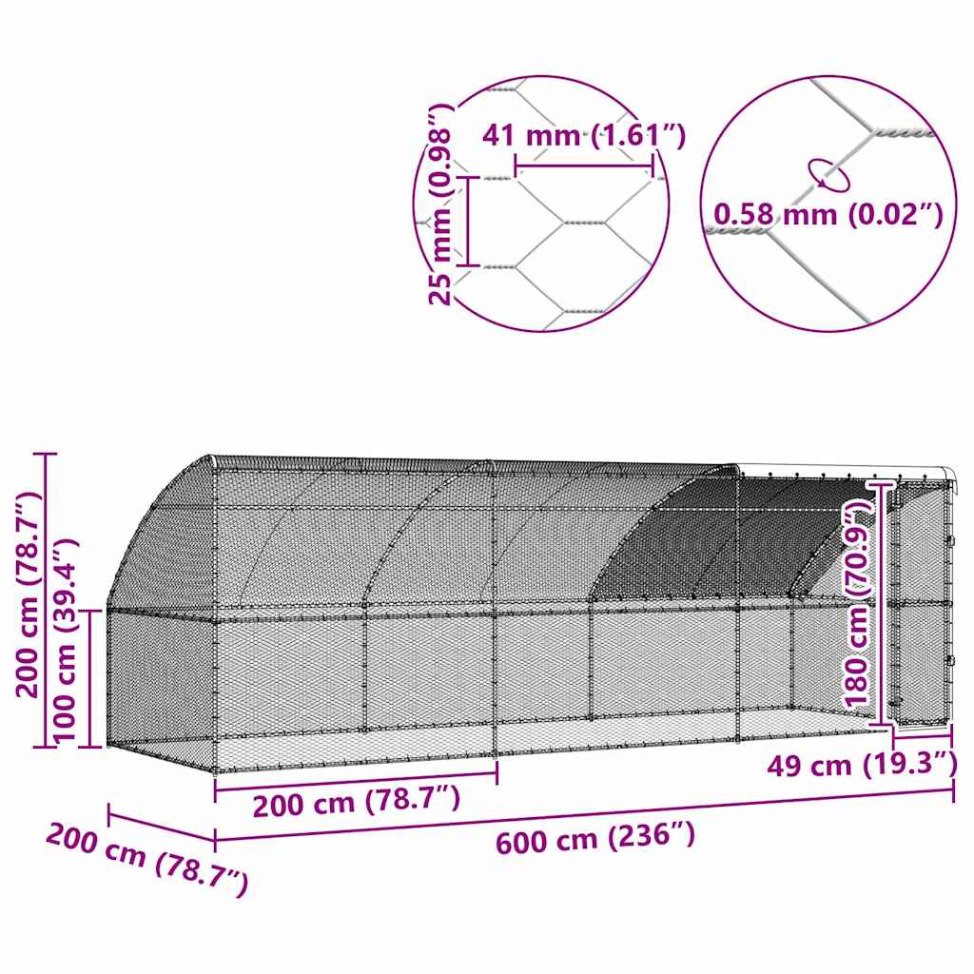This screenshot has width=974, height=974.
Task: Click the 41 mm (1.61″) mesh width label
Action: click(x=583, y=136)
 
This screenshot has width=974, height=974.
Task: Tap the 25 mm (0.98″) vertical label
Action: click(x=439, y=205)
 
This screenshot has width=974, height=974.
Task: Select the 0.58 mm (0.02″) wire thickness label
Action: click(x=828, y=215)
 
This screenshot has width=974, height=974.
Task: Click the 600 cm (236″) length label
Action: click(x=594, y=839)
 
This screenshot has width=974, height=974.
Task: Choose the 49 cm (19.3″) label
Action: click(x=862, y=764)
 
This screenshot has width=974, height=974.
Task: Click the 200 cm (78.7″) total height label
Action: click(x=29, y=595)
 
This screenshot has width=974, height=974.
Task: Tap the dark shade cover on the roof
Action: click(x=723, y=542)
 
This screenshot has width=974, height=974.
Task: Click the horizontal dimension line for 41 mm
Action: click(x=584, y=167)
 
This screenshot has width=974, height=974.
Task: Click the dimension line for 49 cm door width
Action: click(x=922, y=735)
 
